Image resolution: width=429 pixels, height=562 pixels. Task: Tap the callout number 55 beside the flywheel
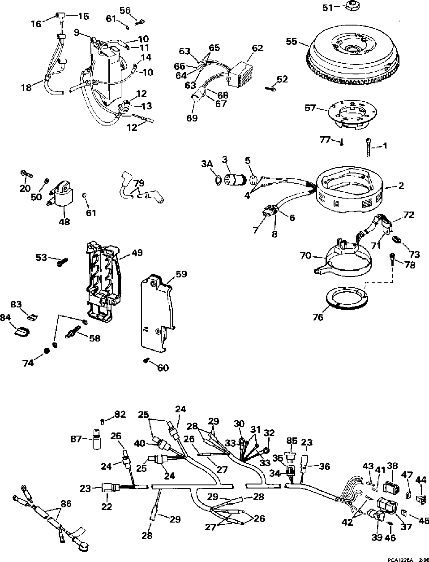point(291,42)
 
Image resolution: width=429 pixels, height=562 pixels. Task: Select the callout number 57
point(310,108)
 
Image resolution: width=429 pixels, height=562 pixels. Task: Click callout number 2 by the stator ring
point(401,186)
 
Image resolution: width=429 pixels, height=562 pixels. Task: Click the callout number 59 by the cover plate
point(181,274)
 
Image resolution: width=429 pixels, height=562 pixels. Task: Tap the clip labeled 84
point(19,332)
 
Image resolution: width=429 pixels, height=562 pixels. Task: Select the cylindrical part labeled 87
point(95,440)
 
